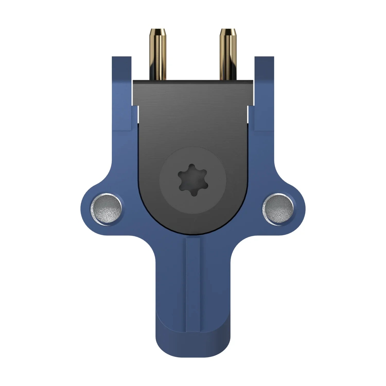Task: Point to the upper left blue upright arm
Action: pos(121,77)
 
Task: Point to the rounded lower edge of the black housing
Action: pos(193,233)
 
